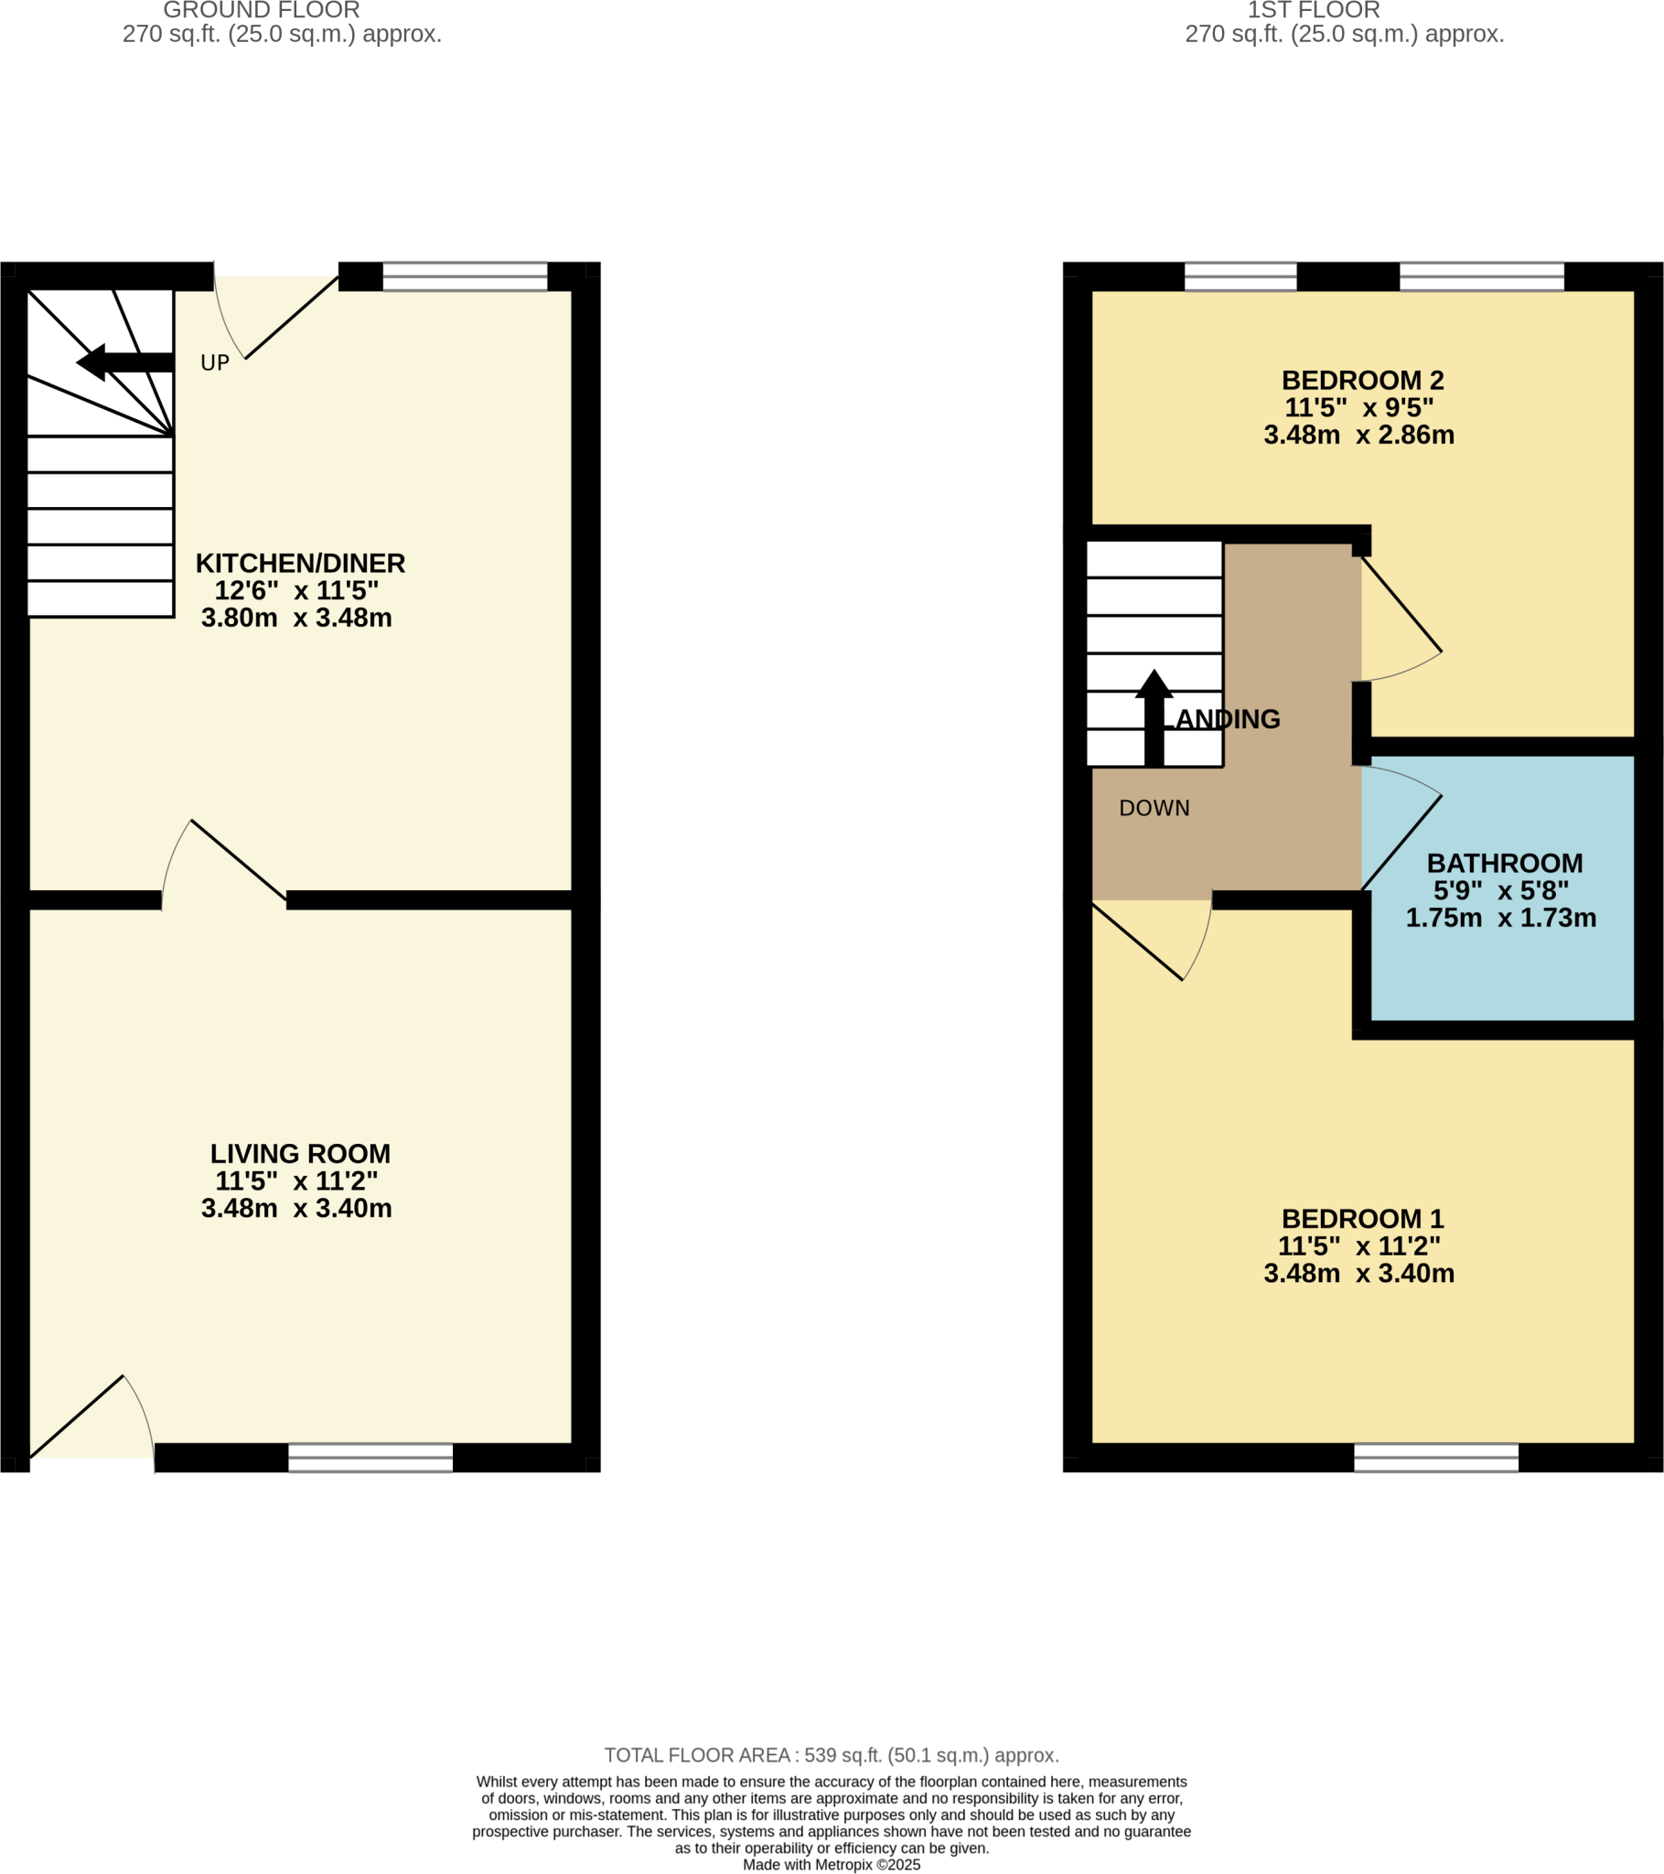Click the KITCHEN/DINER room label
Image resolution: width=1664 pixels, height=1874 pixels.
tap(300, 563)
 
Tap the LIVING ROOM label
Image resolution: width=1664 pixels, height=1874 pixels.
tap(300, 1153)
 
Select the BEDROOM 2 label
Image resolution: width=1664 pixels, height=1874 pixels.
tap(1362, 380)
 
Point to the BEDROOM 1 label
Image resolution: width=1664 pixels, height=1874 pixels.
tap(1362, 1219)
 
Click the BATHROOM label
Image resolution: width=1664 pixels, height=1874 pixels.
tap(1505, 863)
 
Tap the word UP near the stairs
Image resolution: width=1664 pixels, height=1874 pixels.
tap(215, 363)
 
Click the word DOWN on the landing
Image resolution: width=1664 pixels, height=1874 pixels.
tap(1154, 808)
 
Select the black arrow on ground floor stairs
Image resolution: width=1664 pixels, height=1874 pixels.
tap(123, 362)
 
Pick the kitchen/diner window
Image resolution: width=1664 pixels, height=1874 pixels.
tap(465, 276)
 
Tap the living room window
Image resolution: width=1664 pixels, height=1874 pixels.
tap(370, 1458)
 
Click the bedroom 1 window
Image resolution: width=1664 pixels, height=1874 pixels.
tap(1435, 1458)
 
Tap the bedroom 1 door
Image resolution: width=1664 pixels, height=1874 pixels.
tap(1146, 940)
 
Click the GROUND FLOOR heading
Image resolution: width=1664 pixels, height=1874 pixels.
tap(262, 11)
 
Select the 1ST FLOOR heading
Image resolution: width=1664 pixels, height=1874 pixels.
tap(1313, 11)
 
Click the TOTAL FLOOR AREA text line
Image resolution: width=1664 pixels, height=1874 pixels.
tap(832, 1755)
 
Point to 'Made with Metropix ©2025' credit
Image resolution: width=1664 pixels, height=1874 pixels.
tap(832, 1865)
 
